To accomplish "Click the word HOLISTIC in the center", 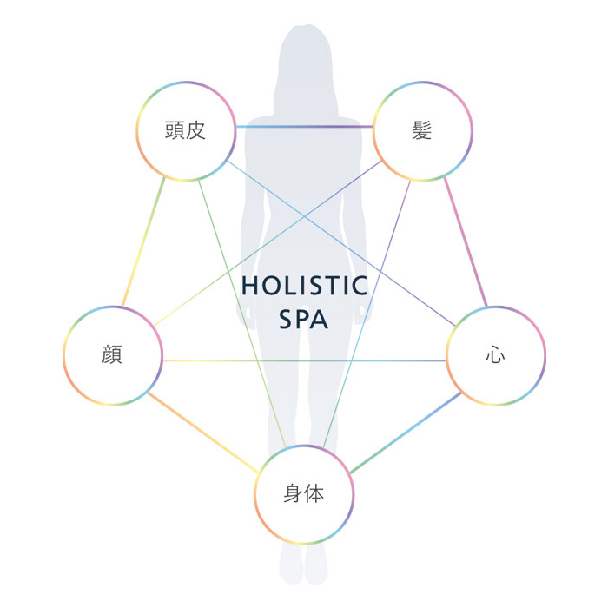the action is point(304,286).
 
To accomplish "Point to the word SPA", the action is point(304,320).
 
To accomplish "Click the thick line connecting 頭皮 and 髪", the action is point(304,127).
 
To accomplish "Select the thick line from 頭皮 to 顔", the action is point(143,241).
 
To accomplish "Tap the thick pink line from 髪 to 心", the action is point(466,241).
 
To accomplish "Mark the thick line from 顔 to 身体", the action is point(203,433).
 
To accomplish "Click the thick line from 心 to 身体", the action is point(406,433).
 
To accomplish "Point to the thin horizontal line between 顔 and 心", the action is point(304,361).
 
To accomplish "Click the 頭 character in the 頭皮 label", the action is point(175,130).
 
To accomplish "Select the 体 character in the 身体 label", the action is point(314,493).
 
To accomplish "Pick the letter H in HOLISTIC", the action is point(250,286).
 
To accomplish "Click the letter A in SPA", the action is point(319,320).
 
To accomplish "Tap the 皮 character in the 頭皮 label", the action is point(195,130).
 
